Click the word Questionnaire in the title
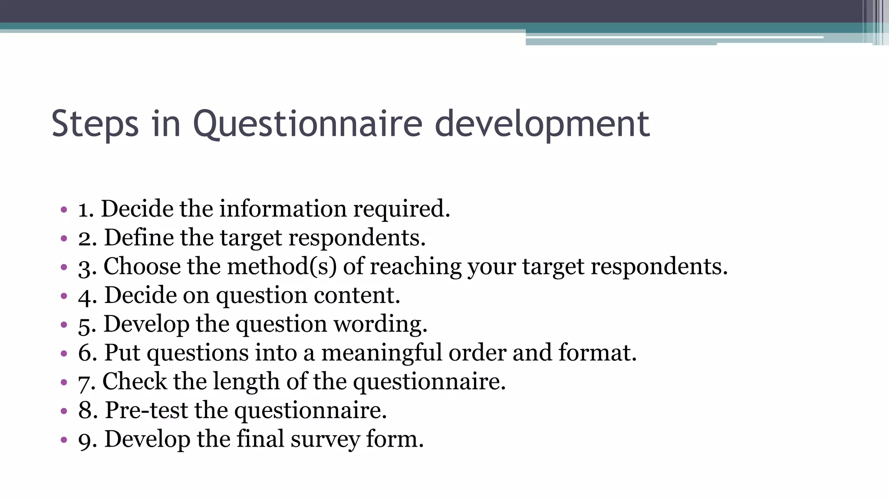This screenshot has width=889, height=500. coord(307,124)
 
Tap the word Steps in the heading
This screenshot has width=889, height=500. coord(95,124)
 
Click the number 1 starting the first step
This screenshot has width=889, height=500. coord(84,209)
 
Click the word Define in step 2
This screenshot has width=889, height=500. coord(138,238)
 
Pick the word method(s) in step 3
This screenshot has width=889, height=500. coord(282,266)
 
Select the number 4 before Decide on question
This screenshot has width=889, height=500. coord(86,296)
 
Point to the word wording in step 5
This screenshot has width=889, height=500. coord(377,324)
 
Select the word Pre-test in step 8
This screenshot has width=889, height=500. coord(146,410)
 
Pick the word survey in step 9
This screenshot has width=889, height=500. coord(325,439)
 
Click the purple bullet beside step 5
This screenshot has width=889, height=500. coord(64,325)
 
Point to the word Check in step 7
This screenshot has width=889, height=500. coord(134,382)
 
